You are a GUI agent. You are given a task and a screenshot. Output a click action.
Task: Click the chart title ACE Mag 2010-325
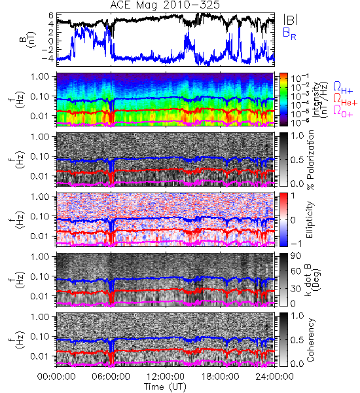pos(165,5)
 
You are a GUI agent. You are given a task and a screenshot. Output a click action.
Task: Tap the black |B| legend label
pos(291,19)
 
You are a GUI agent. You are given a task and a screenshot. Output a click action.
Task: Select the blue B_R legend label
pos(289,33)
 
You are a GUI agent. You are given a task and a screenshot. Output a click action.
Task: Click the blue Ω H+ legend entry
pos(343,88)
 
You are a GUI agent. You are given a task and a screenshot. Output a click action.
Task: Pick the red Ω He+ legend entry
pos(345,99)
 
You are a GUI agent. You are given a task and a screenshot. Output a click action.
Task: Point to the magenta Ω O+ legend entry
pos(343,111)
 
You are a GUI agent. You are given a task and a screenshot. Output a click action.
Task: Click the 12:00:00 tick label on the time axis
pos(166,377)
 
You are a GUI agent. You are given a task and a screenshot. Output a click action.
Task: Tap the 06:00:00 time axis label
pos(111,377)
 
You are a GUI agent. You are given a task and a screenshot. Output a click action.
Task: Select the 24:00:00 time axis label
pos(274,377)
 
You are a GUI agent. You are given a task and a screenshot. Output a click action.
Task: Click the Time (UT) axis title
pos(165,386)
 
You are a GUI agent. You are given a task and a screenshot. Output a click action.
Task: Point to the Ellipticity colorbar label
pos(310,219)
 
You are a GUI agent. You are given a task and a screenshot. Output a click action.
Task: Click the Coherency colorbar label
pos(310,340)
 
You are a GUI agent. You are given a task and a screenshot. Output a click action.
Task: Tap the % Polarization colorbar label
pos(310,160)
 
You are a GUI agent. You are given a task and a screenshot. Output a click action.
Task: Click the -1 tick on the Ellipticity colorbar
pos(296,244)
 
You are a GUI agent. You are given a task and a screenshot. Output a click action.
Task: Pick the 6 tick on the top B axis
pos(51,15)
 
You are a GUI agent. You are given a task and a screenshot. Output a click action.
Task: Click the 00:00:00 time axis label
pos(56,377)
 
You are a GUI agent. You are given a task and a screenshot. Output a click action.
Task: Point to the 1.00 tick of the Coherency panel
pos(41,317)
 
